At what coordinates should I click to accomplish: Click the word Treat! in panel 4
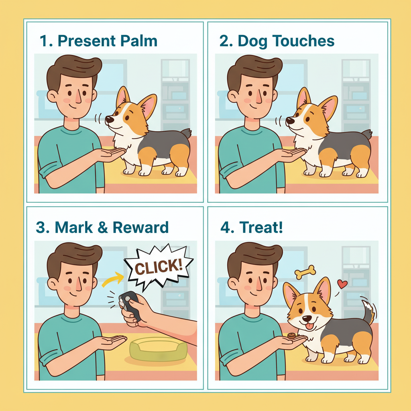click(261, 227)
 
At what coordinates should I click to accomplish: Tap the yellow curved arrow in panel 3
click(113, 279)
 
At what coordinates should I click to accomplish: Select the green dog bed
click(159, 349)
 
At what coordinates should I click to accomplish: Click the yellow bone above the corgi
click(305, 272)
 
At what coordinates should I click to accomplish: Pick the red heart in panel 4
click(342, 284)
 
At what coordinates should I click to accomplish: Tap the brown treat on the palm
click(291, 336)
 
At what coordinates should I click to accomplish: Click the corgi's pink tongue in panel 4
click(309, 326)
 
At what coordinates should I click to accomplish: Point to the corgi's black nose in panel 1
click(109, 120)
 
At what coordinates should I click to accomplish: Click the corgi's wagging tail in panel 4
click(369, 311)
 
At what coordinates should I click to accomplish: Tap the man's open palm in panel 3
click(112, 343)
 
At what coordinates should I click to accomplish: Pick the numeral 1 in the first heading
click(43, 41)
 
